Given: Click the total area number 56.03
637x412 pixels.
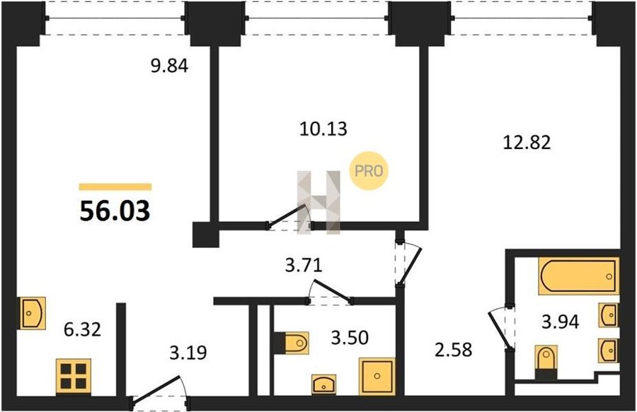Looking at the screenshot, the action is [x=115, y=211].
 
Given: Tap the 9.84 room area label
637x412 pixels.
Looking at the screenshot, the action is [x=169, y=66].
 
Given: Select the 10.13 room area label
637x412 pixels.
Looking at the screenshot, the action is [x=323, y=129].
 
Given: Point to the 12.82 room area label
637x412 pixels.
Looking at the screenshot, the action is [x=527, y=142].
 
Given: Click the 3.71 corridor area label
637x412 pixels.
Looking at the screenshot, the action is [x=304, y=266].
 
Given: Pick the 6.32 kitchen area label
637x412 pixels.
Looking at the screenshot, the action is [x=83, y=329].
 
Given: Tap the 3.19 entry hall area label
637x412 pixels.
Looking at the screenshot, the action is [x=188, y=353].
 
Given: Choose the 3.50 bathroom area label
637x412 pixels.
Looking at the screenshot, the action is [x=350, y=337].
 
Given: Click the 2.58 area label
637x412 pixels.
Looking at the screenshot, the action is [x=454, y=350].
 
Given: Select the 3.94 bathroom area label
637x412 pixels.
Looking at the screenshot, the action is [x=561, y=322].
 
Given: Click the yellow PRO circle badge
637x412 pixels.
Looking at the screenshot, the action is [x=369, y=170].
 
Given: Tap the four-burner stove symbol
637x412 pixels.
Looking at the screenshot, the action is [x=74, y=377].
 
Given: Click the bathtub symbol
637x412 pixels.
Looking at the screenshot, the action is [x=579, y=276].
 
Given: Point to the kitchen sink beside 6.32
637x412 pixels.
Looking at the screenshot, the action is [x=33, y=313].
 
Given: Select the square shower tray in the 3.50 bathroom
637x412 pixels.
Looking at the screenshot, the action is [x=377, y=377].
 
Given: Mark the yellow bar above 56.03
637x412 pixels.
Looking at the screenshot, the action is [x=115, y=187].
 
